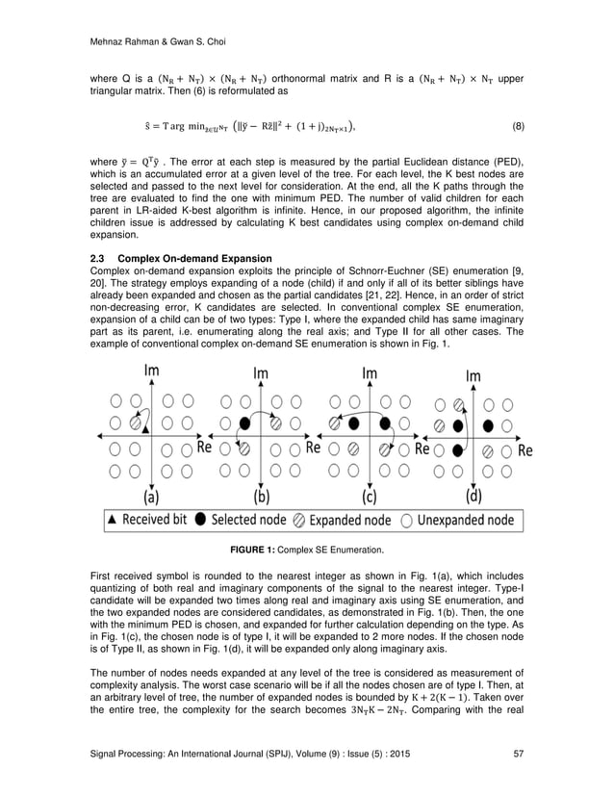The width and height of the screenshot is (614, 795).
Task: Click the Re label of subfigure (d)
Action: [x=524, y=449]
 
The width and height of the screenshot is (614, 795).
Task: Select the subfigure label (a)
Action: [x=152, y=498]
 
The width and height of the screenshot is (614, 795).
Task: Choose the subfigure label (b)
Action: [x=261, y=498]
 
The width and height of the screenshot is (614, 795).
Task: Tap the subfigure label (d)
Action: [x=473, y=498]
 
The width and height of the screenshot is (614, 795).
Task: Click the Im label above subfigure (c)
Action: [x=370, y=372]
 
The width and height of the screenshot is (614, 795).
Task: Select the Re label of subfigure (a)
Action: [x=204, y=448]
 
